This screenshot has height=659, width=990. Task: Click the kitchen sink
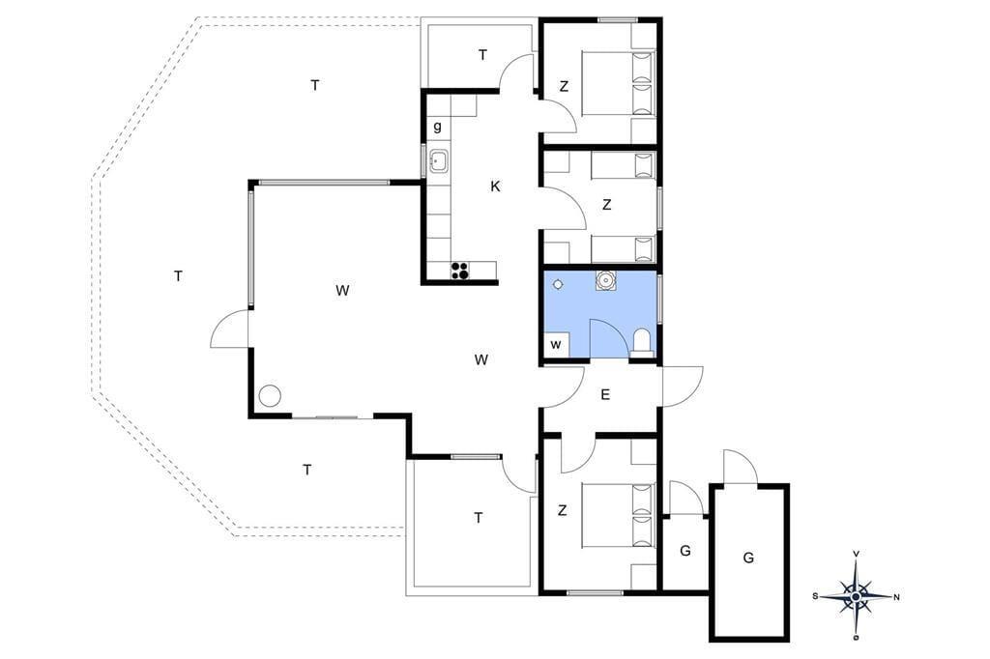coord(438,162)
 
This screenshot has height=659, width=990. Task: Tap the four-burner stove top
coord(459,271)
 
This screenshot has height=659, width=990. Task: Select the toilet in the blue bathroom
coord(643,344)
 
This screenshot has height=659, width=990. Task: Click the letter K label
coord(495,186)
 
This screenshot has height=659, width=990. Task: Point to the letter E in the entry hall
coord(605,395)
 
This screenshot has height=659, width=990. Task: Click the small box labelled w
coord(556,345)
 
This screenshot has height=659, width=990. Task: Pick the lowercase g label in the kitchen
coord(438,127)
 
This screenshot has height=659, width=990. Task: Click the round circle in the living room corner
coord(271,395)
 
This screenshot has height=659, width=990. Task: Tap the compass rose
coord(856,596)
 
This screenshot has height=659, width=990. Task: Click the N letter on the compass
coord(896,597)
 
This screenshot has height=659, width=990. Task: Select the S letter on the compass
coord(815,596)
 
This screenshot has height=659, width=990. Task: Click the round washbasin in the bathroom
coord(605,279)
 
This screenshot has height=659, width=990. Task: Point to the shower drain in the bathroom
coord(558,285)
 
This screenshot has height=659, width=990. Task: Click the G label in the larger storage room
coord(748,558)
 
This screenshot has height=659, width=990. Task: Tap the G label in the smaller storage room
coord(685,551)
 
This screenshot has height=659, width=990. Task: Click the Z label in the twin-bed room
coord(607,205)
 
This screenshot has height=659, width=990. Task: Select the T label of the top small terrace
coord(482,55)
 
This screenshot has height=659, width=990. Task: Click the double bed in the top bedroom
coord(619,83)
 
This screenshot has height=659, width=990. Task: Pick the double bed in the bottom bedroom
coord(619,515)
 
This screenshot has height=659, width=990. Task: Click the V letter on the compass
coord(857,554)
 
